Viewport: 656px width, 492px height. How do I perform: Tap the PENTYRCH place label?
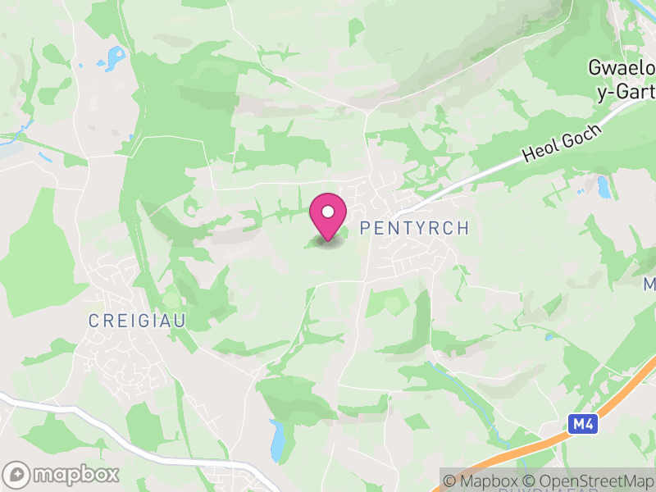coord(414,228)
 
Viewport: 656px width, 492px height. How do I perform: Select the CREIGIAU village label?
coord(137,321)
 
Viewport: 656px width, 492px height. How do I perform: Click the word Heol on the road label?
coord(541,150)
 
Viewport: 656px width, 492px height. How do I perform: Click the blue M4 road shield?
coord(581,424)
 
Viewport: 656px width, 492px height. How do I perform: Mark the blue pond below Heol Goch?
coord(604,188)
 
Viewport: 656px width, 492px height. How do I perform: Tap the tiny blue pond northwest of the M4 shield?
coord(548,336)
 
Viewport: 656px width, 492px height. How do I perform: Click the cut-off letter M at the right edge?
coord(649,285)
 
